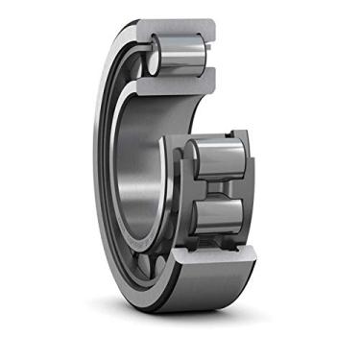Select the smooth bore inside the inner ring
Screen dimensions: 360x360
144,173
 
